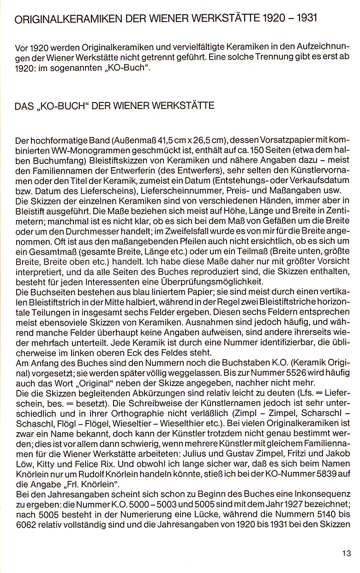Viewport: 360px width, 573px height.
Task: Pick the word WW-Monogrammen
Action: tap(60, 151)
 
